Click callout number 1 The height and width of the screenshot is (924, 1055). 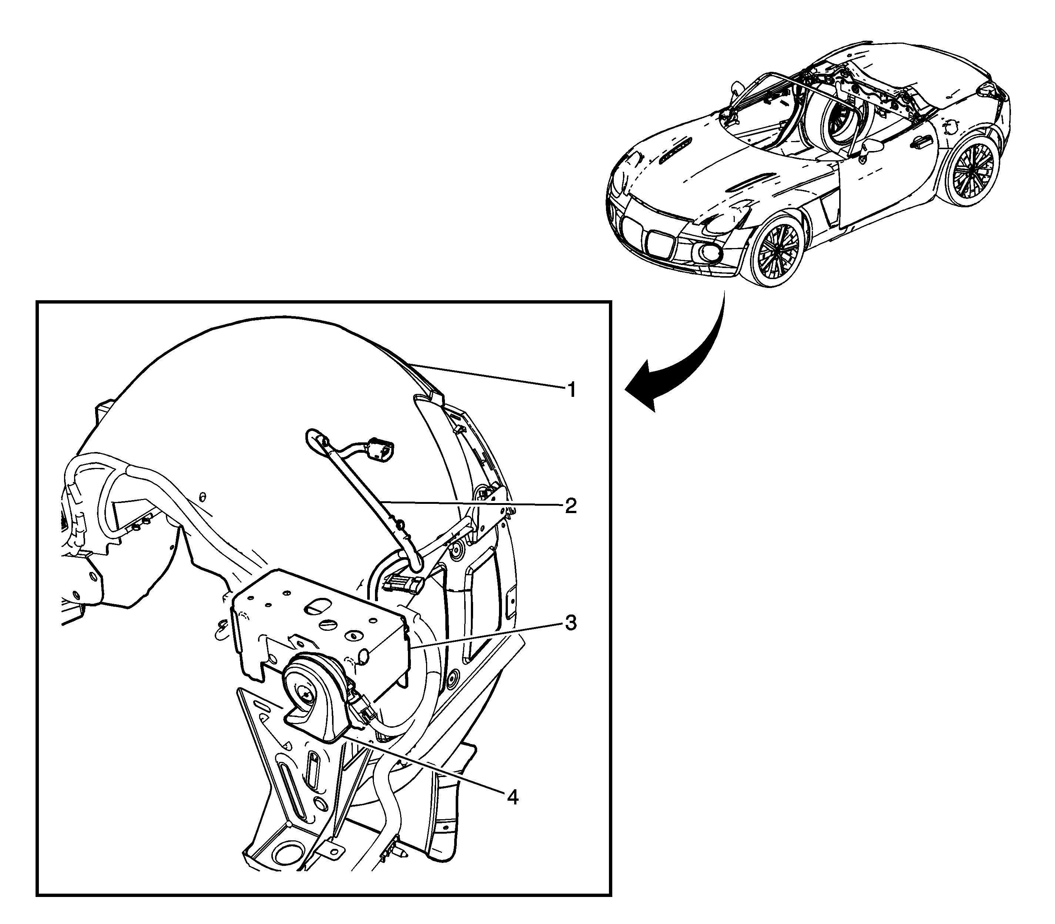571,390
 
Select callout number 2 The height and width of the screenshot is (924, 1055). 570,506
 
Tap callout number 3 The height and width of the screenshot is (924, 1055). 570,623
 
